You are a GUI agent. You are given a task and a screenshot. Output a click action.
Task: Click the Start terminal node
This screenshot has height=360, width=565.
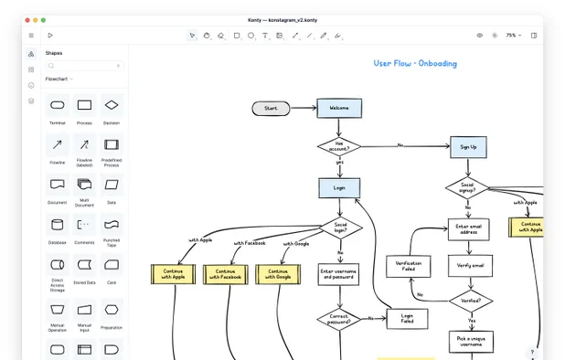point(271,108)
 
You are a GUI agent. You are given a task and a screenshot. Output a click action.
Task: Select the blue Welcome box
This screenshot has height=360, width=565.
point(339,108)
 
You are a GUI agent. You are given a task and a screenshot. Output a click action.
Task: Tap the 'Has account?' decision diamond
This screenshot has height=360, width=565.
point(339,145)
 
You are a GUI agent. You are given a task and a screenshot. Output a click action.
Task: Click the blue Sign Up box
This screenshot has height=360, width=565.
point(468,146)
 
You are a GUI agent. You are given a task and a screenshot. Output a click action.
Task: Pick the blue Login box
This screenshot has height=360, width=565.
point(339,187)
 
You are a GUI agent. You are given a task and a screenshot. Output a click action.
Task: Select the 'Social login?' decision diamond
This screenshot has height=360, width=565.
point(340,227)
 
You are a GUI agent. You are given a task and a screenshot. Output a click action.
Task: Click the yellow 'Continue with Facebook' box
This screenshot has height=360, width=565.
point(225,273)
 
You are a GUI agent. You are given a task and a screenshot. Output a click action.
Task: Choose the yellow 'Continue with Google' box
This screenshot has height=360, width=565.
point(278,273)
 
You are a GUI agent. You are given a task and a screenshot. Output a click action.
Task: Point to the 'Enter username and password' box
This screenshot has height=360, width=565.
point(339,274)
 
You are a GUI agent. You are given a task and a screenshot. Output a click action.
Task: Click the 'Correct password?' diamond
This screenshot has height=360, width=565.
point(339,319)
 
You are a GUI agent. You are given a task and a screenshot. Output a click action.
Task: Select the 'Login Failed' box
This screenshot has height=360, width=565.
point(407,319)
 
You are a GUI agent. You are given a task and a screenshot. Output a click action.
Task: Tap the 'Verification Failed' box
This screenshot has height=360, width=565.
point(408,265)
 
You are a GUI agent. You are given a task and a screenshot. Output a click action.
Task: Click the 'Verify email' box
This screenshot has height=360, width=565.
point(470,266)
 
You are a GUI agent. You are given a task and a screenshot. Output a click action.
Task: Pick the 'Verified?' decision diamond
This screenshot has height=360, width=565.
point(471,300)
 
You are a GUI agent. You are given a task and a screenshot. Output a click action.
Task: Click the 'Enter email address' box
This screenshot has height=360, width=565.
point(469,228)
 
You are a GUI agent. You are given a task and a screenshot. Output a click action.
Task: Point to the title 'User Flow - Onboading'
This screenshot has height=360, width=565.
point(415,64)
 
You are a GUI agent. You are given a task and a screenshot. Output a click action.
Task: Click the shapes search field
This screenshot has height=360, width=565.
point(84,66)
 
